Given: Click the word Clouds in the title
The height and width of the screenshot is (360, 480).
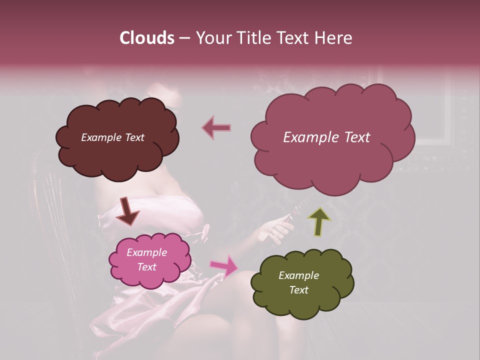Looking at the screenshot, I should point(146,38).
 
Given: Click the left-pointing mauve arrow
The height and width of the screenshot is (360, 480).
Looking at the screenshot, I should point(216,128).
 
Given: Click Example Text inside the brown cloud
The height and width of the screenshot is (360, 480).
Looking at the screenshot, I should point(112,137).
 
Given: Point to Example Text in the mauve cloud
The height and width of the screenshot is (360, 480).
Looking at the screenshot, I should point(326,137).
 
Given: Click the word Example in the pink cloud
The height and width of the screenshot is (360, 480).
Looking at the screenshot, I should point(146,252).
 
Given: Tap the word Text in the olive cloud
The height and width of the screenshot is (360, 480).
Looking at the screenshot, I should point(298,290).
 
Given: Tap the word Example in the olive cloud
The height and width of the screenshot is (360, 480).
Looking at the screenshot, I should point(298,275).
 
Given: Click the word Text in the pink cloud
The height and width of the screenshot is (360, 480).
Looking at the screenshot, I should point(146,267).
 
